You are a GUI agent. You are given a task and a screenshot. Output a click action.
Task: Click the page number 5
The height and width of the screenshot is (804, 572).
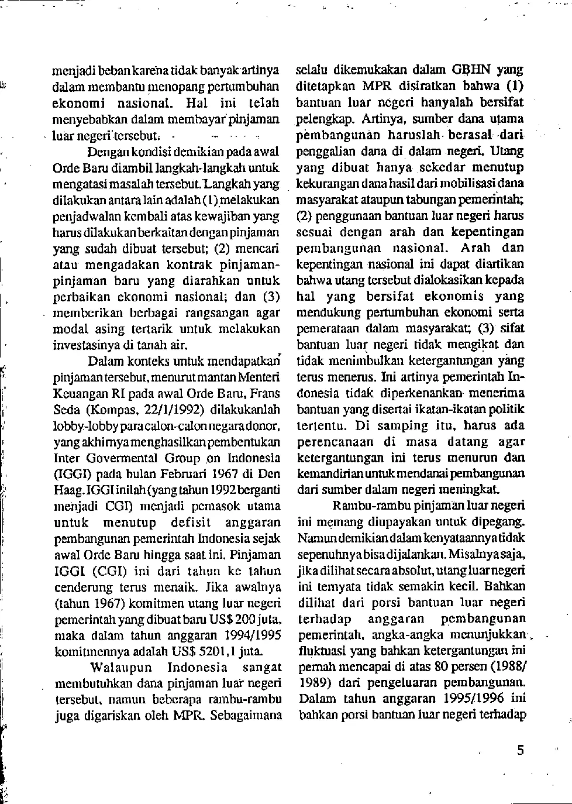click(520, 750)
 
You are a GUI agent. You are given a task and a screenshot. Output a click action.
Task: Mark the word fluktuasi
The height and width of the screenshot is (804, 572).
click(321, 650)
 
